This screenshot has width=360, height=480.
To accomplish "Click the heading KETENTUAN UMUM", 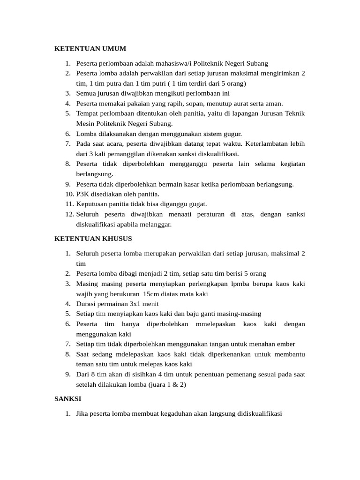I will tap(90, 48).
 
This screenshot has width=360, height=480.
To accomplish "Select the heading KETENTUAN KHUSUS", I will tap(93, 239).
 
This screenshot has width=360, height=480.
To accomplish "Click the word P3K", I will tap(83, 194).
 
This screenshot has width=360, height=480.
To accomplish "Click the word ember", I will tap(286, 344).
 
